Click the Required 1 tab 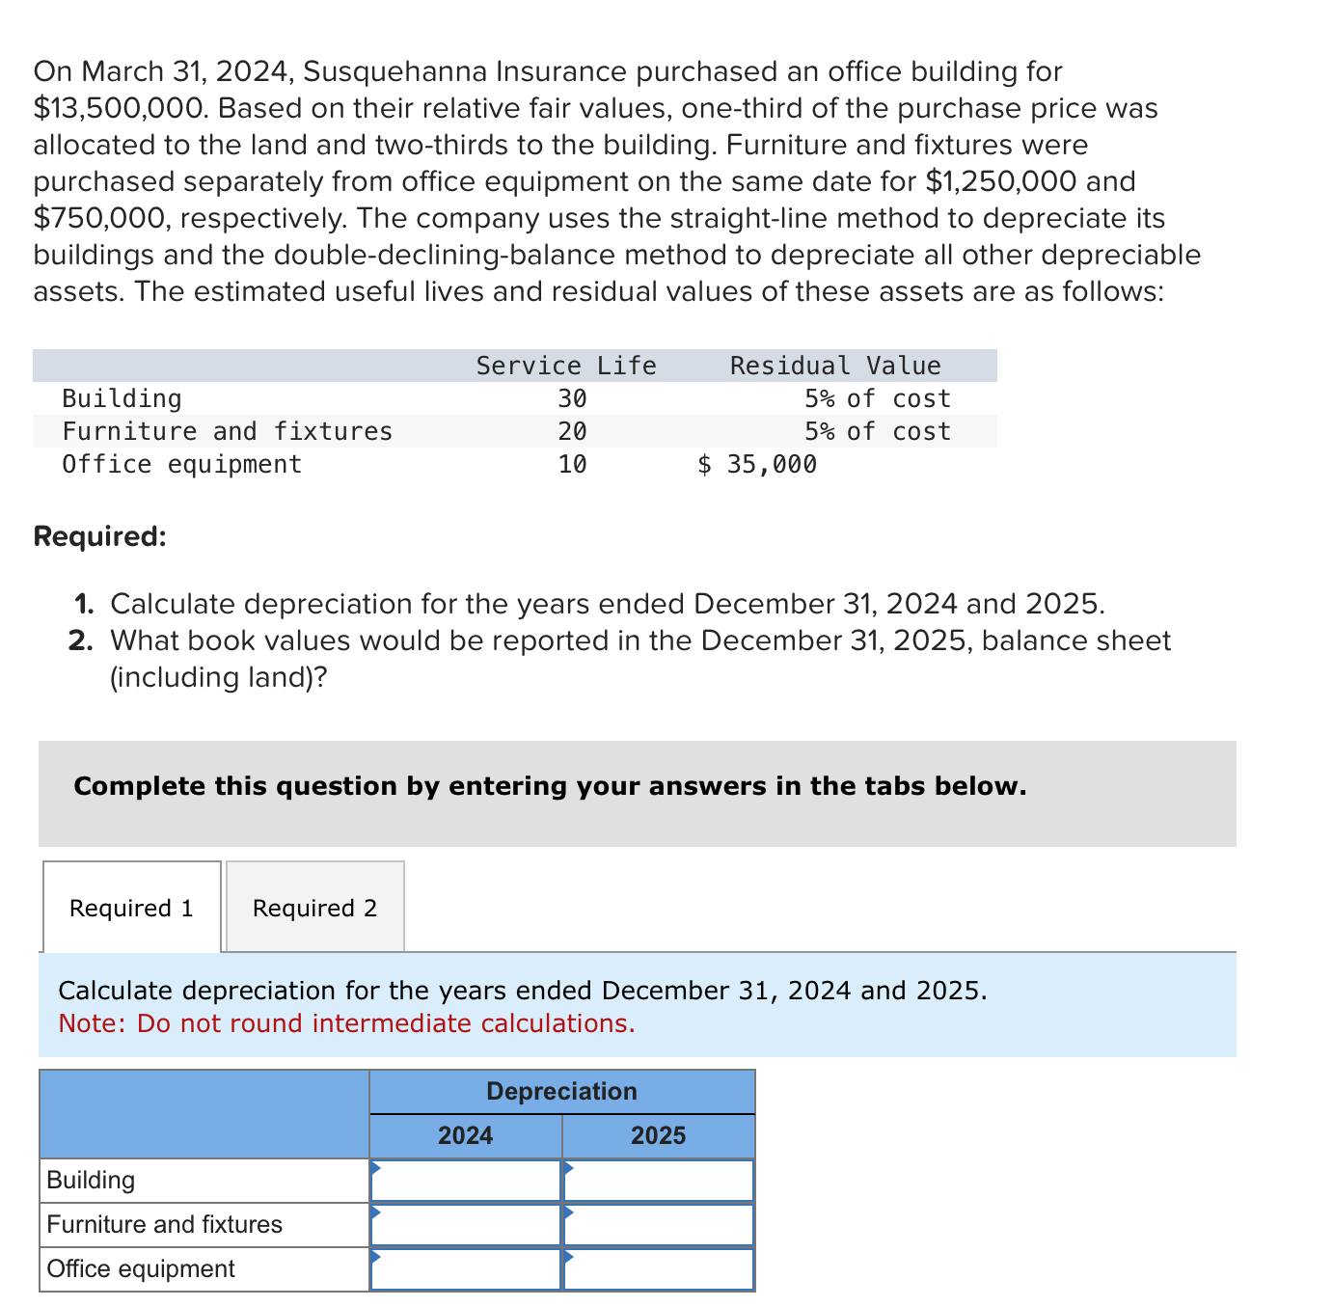[x=131, y=908]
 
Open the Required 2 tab [x=314, y=908]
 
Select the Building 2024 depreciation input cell [x=466, y=1181]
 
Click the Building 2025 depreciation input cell [x=659, y=1181]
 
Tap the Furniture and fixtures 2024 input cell [x=466, y=1225]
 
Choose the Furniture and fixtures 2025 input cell [x=659, y=1225]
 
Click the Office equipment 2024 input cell [x=466, y=1269]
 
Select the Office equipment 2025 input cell [x=659, y=1269]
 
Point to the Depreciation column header [x=561, y=1091]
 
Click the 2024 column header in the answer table [x=465, y=1135]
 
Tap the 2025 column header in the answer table [x=658, y=1135]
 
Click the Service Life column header [x=566, y=366]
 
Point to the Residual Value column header [x=834, y=366]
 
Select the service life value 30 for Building [x=572, y=398]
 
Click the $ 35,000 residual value [x=757, y=464]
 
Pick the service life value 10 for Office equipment [x=572, y=464]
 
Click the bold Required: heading [x=99, y=536]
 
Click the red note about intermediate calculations [x=346, y=1023]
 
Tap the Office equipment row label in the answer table [x=141, y=1268]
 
